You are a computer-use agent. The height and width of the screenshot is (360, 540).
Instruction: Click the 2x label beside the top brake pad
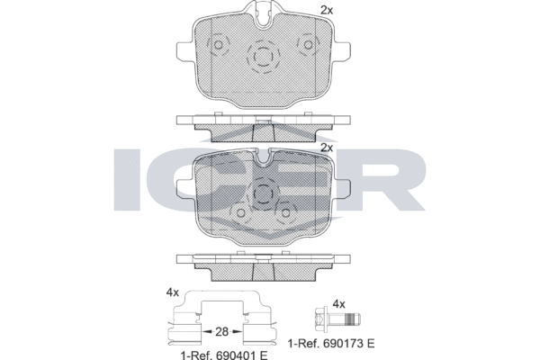click(327, 10)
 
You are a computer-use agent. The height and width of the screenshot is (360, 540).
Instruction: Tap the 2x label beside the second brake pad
click(327, 147)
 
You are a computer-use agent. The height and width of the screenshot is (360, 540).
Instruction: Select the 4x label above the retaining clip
click(172, 292)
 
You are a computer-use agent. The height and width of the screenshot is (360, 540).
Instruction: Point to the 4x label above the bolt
click(339, 304)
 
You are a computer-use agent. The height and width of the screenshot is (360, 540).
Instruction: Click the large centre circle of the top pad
click(263, 58)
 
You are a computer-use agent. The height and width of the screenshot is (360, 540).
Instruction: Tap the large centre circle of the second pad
click(263, 193)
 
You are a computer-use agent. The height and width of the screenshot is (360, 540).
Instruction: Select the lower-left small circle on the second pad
click(240, 212)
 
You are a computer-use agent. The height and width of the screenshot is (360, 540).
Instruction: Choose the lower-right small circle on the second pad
click(288, 212)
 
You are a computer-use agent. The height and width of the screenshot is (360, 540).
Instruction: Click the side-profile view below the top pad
click(264, 127)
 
